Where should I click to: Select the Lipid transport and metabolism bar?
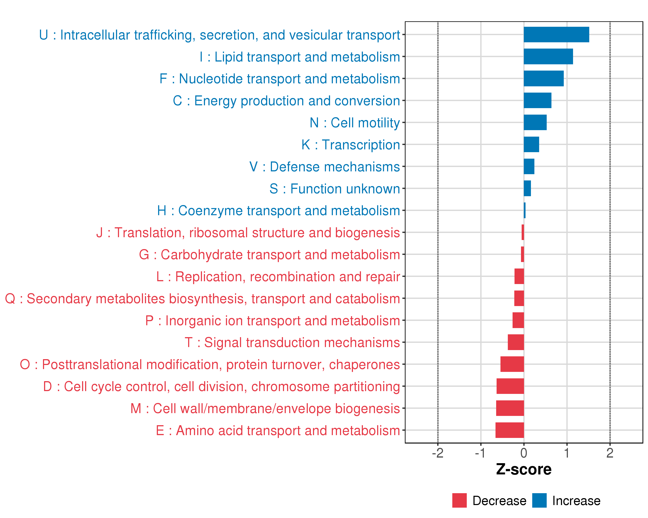click(x=548, y=57)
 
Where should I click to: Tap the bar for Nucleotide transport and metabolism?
click(x=543, y=78)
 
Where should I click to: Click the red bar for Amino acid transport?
click(x=510, y=430)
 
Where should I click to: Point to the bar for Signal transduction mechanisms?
click(x=516, y=342)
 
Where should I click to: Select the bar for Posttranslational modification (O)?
click(x=512, y=364)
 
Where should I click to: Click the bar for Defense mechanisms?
click(x=529, y=166)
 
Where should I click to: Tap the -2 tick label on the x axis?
click(x=438, y=453)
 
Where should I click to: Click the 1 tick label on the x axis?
click(x=567, y=453)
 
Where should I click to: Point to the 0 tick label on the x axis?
click(x=524, y=453)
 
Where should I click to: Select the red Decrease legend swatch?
click(x=459, y=501)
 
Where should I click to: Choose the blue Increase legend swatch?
click(x=539, y=501)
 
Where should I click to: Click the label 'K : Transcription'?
click(x=350, y=145)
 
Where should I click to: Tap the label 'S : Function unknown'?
click(x=335, y=189)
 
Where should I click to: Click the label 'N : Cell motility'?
click(x=355, y=123)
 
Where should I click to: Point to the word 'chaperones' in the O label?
click(x=364, y=365)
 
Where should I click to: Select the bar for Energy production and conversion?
click(x=537, y=100)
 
